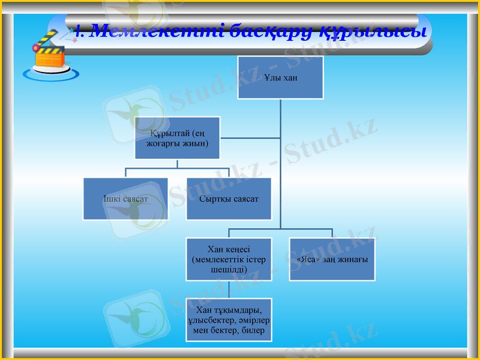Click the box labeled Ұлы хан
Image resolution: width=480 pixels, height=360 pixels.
(280, 77)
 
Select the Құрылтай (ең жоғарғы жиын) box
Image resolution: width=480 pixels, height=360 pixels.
(177, 138)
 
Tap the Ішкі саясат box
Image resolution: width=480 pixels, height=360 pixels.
(125, 199)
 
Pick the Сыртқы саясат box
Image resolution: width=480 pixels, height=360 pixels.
(229, 199)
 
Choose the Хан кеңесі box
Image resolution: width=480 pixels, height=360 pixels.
(229, 259)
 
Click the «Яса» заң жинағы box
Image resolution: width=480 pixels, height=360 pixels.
(332, 259)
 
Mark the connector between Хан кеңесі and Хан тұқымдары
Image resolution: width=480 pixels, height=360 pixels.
(229, 289)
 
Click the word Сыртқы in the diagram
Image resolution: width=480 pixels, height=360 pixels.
(214, 199)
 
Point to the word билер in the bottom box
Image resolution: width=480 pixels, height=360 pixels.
(254, 331)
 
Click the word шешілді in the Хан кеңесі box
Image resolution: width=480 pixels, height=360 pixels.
(229, 270)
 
